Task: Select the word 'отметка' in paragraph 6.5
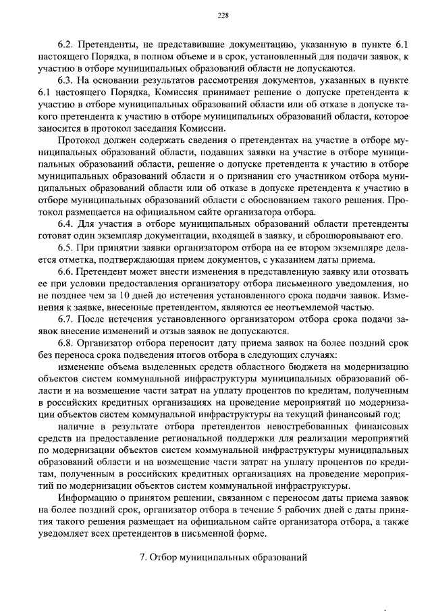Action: tap(70, 260)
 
